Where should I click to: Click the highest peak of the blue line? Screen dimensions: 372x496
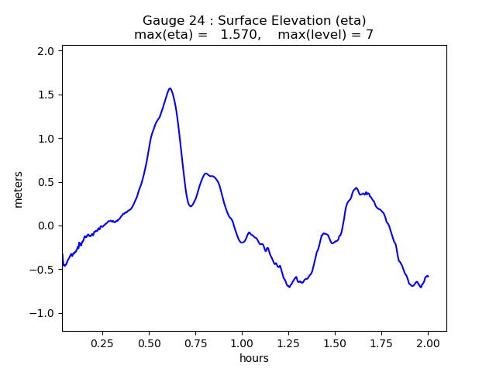tap(170, 88)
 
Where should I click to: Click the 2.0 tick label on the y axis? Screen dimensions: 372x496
tap(47, 51)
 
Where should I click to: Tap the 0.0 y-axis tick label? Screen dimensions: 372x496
tap(47, 226)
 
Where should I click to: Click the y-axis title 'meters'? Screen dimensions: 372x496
tap(19, 189)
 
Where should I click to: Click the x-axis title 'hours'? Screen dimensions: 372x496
tap(254, 358)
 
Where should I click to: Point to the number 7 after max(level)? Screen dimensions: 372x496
tap(370, 35)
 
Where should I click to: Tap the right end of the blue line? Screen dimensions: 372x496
tap(428, 276)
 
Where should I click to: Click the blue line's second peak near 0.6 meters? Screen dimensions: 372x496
tap(205, 174)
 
